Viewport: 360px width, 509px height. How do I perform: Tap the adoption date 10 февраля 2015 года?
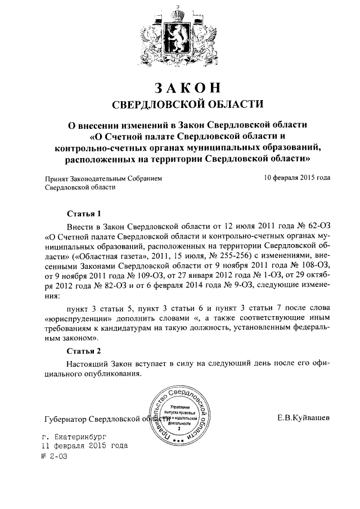[297, 178]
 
